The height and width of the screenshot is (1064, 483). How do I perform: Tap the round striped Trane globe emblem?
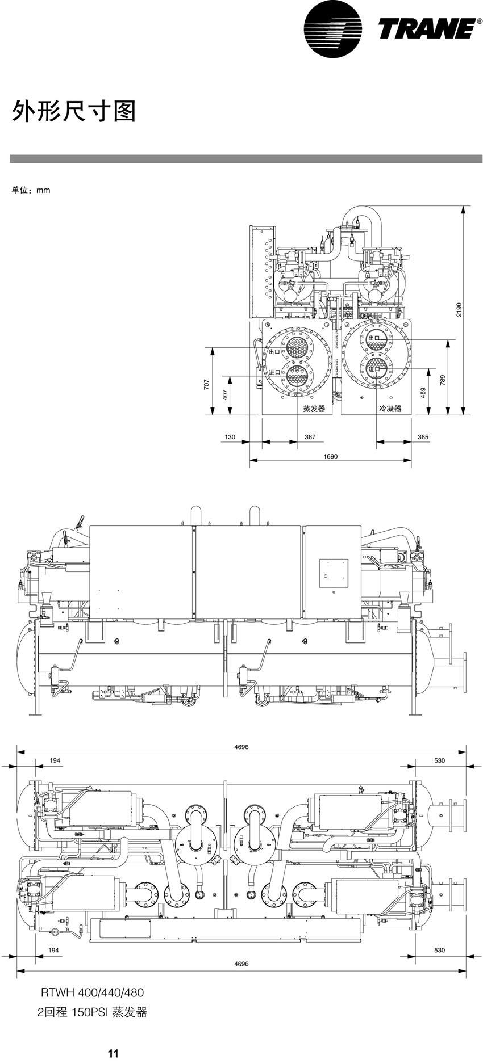(x=332, y=28)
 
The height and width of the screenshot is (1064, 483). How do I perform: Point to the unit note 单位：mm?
(x=31, y=190)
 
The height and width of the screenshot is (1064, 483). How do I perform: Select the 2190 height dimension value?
(x=459, y=309)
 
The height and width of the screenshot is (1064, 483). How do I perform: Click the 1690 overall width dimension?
(x=330, y=456)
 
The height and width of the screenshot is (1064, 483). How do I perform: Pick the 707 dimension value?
(x=207, y=385)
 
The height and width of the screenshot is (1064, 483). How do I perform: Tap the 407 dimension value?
(x=225, y=394)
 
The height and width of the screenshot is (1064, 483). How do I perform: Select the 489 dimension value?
(x=423, y=393)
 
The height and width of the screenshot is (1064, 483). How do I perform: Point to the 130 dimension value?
(x=230, y=437)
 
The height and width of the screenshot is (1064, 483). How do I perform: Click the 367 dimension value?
(x=310, y=437)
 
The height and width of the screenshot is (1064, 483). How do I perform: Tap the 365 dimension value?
(x=423, y=437)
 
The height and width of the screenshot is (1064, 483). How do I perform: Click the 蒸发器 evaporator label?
(x=314, y=409)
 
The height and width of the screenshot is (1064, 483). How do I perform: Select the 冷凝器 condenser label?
(x=390, y=409)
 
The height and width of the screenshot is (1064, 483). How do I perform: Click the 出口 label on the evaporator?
(x=275, y=351)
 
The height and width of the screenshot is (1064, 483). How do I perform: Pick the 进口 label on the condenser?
(x=373, y=369)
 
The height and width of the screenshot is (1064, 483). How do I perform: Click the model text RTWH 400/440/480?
(x=92, y=992)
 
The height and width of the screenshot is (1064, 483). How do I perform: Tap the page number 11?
(x=113, y=1054)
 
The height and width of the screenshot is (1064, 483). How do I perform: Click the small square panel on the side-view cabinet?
(x=333, y=574)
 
